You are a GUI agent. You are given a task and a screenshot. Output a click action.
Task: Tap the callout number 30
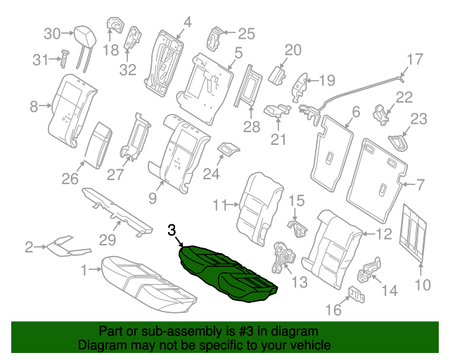pyautogui.click(x=53, y=33)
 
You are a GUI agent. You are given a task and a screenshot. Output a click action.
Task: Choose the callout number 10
pyautogui.click(x=421, y=285)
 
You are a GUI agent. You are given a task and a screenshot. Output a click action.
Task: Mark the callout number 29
pyautogui.click(x=106, y=240)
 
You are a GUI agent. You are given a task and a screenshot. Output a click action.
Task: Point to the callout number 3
pyautogui.click(x=172, y=229)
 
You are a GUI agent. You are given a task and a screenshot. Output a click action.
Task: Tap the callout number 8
pyautogui.click(x=33, y=107)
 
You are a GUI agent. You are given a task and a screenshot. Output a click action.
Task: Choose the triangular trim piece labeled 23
pyautogui.click(x=399, y=143)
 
